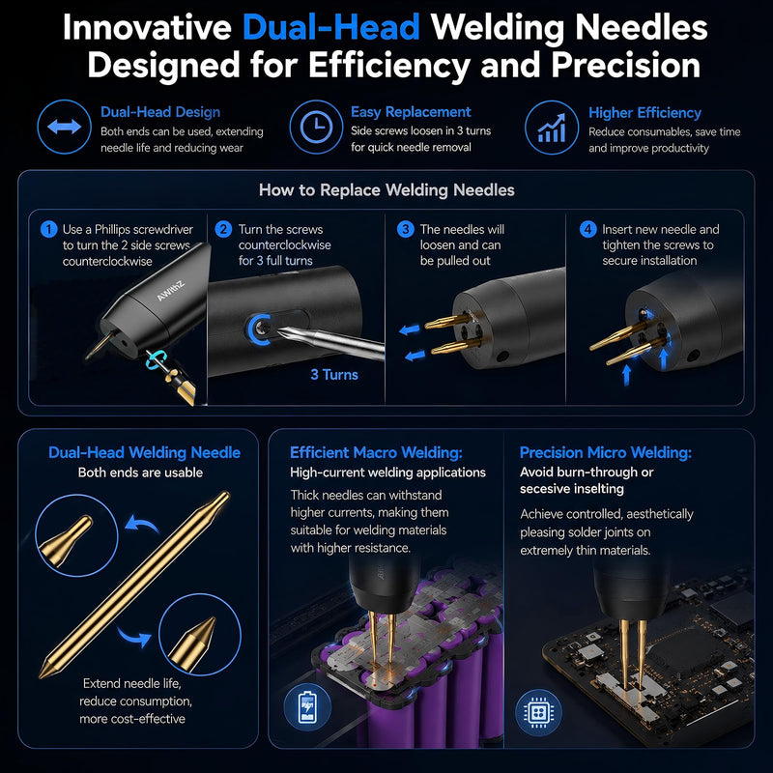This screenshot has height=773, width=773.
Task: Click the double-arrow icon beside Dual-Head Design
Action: pyautogui.click(x=64, y=127)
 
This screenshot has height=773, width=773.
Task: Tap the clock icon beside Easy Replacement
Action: pyautogui.click(x=316, y=127)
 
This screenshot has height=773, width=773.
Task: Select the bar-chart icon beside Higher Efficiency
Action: pyautogui.click(x=552, y=128)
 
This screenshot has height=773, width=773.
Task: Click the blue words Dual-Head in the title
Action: pyautogui.click(x=331, y=27)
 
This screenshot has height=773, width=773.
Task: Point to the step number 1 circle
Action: pyautogui.click(x=49, y=229)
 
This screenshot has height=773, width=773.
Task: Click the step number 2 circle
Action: pyautogui.click(x=223, y=229)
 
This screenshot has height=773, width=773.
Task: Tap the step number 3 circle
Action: pyautogui.click(x=405, y=229)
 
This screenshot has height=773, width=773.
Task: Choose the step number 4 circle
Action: pyautogui.click(x=587, y=229)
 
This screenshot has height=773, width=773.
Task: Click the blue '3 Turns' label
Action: pyautogui.click(x=334, y=375)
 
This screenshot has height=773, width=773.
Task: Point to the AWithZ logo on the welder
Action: pyautogui.click(x=171, y=291)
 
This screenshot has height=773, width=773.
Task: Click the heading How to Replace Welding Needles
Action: pyautogui.click(x=386, y=189)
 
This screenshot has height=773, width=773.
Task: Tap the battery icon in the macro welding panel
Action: pyautogui.click(x=307, y=707)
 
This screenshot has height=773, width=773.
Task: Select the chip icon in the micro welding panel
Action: pyautogui.click(x=538, y=712)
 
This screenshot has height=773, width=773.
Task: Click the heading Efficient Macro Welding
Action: pyautogui.click(x=376, y=452)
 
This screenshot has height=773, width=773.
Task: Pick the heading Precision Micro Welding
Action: pyautogui.click(x=606, y=452)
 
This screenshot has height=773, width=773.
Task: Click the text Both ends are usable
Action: pyautogui.click(x=140, y=472)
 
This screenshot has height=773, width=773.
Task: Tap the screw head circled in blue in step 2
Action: pyautogui.click(x=263, y=329)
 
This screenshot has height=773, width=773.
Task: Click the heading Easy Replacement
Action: pyautogui.click(x=411, y=112)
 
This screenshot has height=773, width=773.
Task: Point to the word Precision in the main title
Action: pyautogui.click(x=625, y=65)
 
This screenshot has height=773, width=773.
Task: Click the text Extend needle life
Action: pyautogui.click(x=132, y=683)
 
